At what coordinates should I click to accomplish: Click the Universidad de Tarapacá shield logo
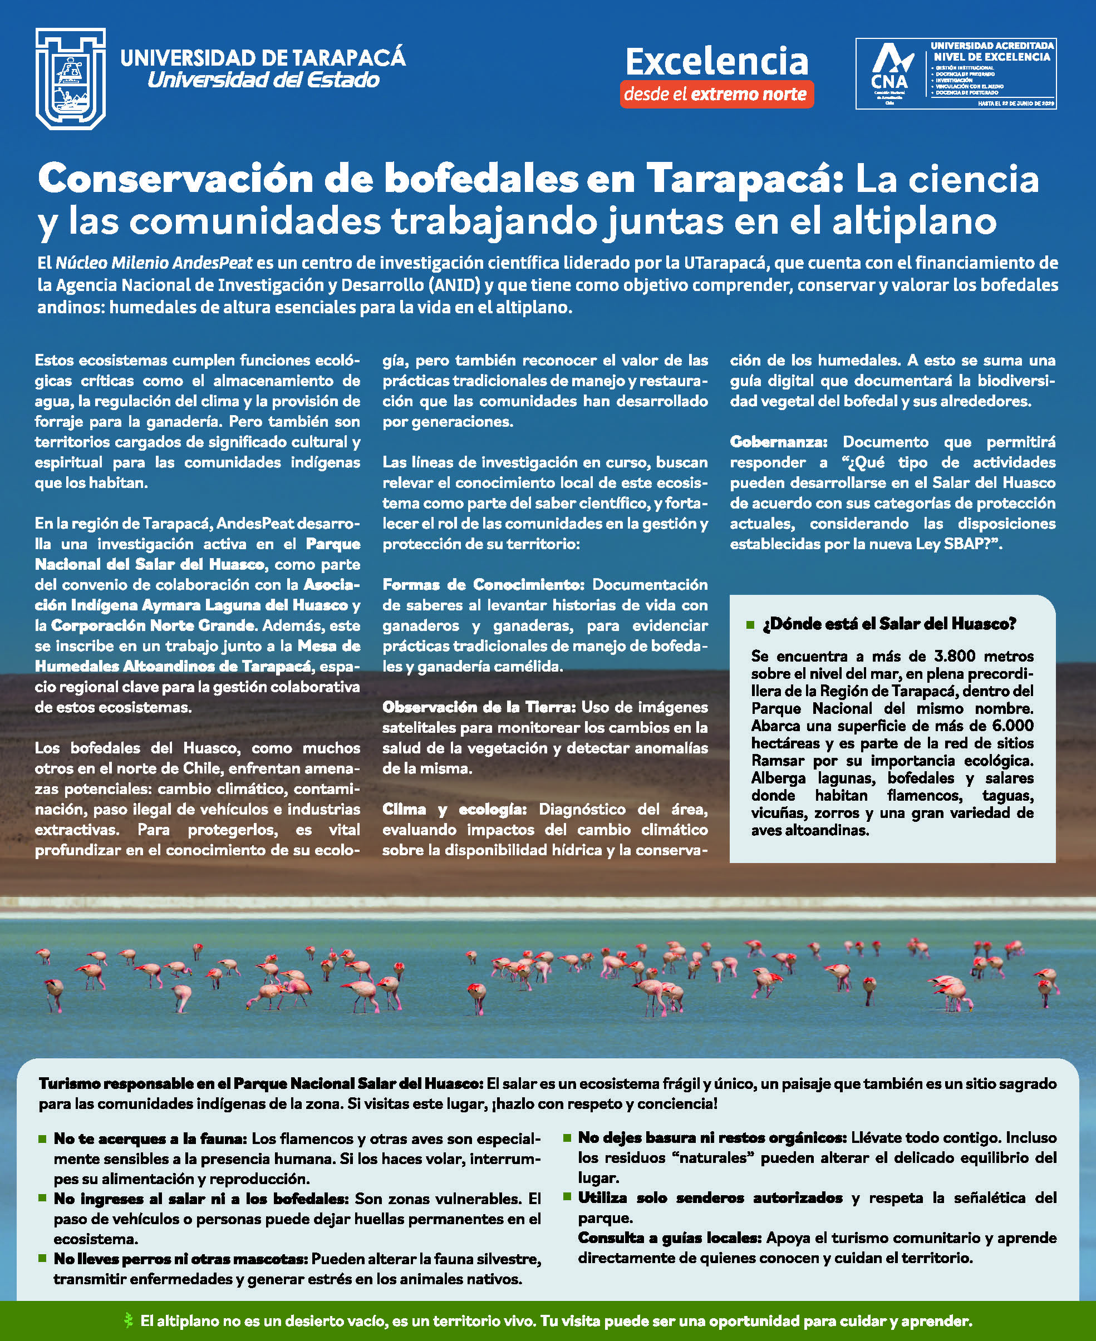[70, 79]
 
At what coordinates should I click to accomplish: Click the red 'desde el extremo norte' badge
[716, 95]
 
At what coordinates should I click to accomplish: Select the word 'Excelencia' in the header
[716, 61]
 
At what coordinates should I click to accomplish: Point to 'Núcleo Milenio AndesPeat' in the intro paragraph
[154, 263]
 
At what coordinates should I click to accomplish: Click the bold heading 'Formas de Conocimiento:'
[484, 585]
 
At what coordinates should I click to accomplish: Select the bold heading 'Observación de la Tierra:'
[479, 707]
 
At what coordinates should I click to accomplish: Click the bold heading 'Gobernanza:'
[778, 442]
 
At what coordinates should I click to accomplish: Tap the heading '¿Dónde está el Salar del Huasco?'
[889, 624]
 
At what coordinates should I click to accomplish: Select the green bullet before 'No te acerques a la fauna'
[43, 1138]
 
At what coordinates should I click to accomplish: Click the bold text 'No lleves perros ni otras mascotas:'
[180, 1259]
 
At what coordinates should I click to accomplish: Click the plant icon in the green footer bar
[129, 1320]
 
